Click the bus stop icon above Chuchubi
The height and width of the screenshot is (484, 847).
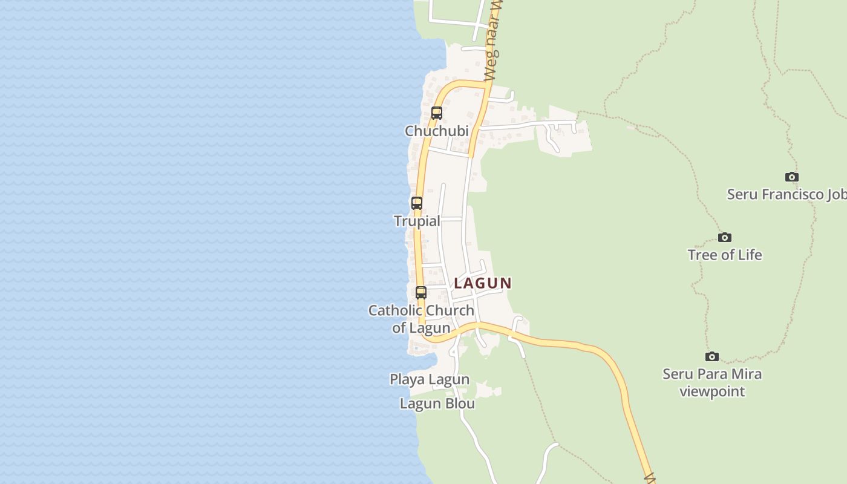pos(436,113)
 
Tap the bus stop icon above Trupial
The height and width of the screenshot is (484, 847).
pos(417,203)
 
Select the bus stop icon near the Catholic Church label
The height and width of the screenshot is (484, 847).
pos(421,293)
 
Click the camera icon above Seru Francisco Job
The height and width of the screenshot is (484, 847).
pos(791,177)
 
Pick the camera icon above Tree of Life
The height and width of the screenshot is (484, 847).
pos(724,237)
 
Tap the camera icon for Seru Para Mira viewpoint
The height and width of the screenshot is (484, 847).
pos(712,356)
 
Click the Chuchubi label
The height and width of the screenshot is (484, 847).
pos(436,131)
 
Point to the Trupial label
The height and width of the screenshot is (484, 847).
pos(417,221)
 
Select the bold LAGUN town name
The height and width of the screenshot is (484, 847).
pos(483,283)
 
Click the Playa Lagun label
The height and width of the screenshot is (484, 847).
pos(430,380)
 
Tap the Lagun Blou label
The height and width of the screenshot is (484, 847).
pos(437,404)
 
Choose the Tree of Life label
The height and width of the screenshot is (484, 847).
pos(724,255)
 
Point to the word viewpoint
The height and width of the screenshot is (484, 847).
pos(712,391)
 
